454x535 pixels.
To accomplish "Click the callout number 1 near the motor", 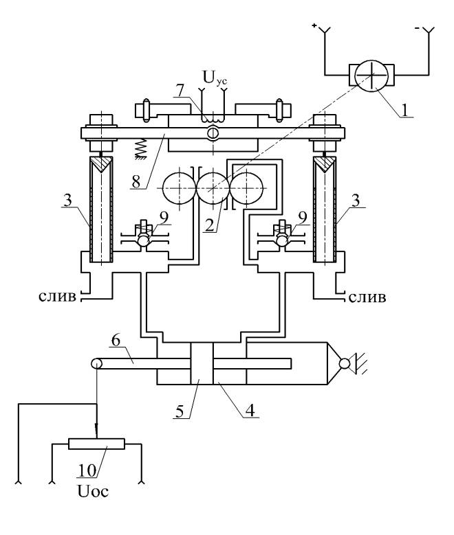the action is pyautogui.click(x=404, y=111).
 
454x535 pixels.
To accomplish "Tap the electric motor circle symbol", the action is pyautogui.click(x=371, y=76).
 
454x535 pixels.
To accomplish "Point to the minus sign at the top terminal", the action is pyautogui.click(x=418, y=30).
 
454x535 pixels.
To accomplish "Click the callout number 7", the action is pyautogui.click(x=180, y=91).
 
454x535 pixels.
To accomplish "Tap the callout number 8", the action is pyautogui.click(x=136, y=181).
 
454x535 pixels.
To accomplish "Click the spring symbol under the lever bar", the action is pyautogui.click(x=140, y=149).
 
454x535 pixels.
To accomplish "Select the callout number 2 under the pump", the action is pyautogui.click(x=210, y=225).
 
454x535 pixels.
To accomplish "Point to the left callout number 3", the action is pyautogui.click(x=68, y=201).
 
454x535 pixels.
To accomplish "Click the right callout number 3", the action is pyautogui.click(x=356, y=201).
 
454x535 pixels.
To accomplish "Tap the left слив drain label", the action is pyautogui.click(x=57, y=297).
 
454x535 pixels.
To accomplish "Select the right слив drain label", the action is pyautogui.click(x=367, y=298).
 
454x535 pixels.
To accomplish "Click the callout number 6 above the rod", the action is pyautogui.click(x=116, y=341).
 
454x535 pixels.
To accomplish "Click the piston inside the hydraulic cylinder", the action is pyautogui.click(x=202, y=363).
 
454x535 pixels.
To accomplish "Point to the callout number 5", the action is pyautogui.click(x=180, y=412).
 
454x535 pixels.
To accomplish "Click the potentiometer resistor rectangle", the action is pyautogui.click(x=97, y=444).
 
